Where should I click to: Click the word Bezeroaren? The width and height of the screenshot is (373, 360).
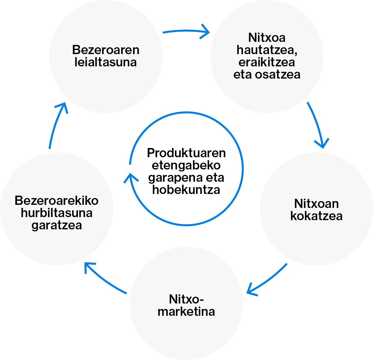point(106,50)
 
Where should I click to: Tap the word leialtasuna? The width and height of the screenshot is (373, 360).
point(106,62)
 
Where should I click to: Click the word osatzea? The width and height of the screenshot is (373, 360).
point(281,75)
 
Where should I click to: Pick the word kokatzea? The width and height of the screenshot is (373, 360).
point(316,216)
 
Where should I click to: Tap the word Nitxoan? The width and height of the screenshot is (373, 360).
point(316,204)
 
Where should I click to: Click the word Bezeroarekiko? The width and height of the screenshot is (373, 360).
point(56,200)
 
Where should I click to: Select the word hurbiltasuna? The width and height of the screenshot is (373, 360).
point(56,213)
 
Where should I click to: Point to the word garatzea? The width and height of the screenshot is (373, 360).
point(56,225)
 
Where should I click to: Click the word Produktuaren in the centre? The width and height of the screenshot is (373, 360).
point(186,153)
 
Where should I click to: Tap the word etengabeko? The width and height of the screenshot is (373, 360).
point(186,165)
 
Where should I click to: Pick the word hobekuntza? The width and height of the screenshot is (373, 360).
point(186,190)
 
